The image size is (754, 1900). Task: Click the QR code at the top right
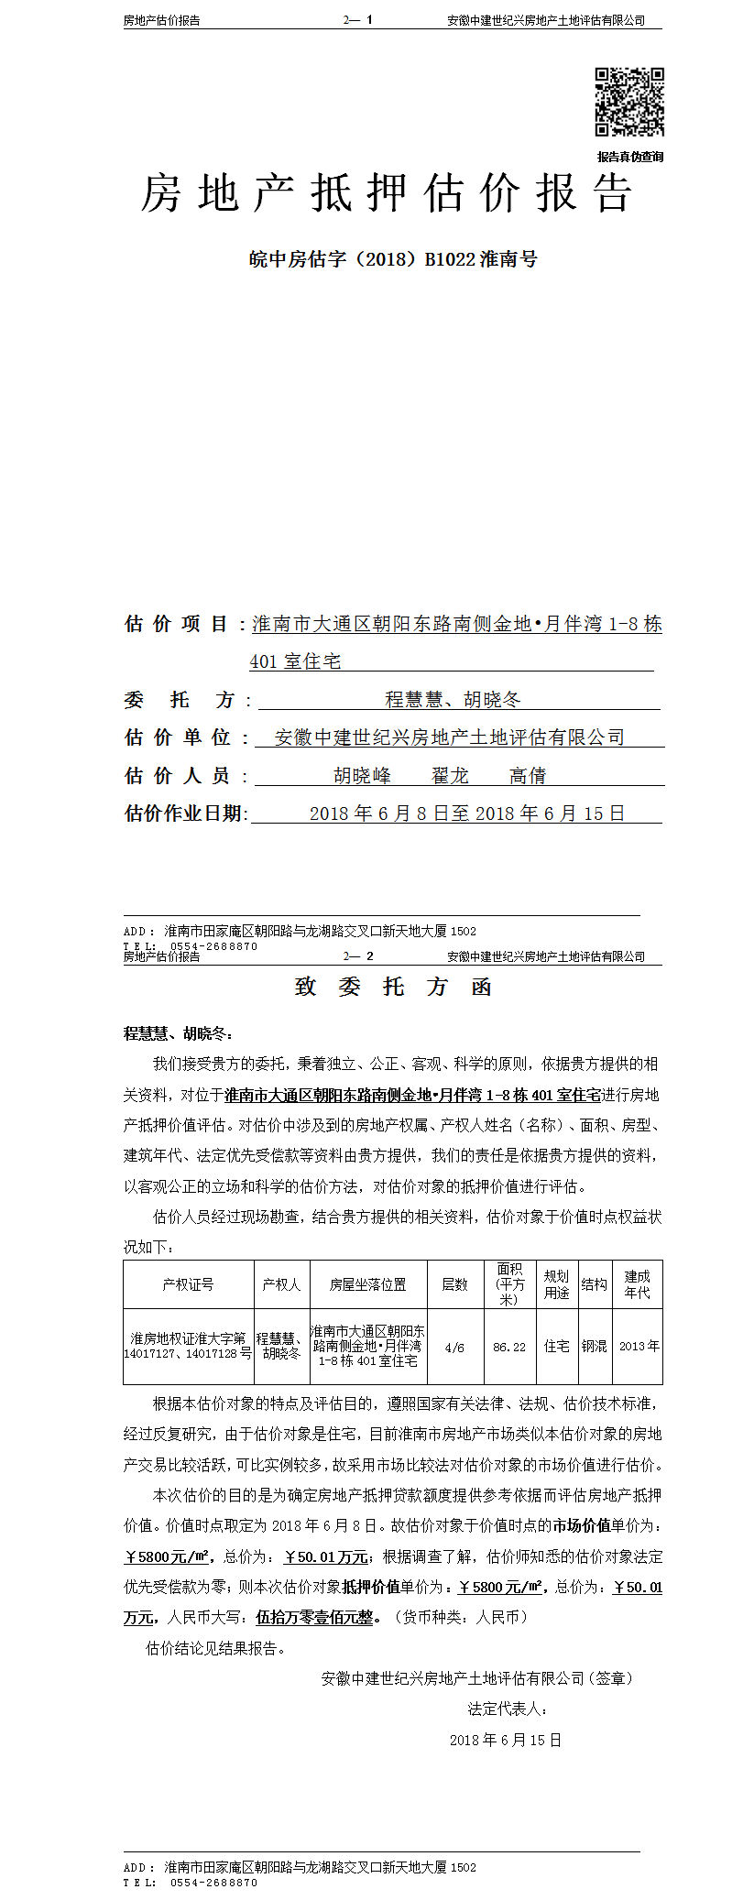[x=629, y=102]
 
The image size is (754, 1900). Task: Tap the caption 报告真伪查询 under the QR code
[x=630, y=157]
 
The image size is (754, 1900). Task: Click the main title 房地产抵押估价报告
[x=387, y=194]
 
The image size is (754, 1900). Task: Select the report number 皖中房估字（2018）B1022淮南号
[x=393, y=259]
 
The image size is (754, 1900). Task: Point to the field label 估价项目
[x=176, y=625]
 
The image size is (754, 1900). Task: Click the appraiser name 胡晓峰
[x=362, y=776]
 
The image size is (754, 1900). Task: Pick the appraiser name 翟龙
[x=450, y=776]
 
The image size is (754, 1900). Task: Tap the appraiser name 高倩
[x=528, y=776]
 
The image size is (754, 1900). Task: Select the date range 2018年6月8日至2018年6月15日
[x=467, y=814]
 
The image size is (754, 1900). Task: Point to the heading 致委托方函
[x=393, y=987]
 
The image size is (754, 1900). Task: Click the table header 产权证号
[x=188, y=1284]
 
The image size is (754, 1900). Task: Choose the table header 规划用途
[x=556, y=1284]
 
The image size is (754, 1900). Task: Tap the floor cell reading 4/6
[x=454, y=1347]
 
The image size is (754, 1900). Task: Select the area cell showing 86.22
[x=509, y=1347]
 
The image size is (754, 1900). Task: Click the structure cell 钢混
[x=594, y=1347]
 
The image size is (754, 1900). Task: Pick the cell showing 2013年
[x=639, y=1347]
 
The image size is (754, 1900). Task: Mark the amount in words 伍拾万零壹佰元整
[x=315, y=1618]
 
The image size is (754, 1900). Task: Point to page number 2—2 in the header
[x=358, y=956]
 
